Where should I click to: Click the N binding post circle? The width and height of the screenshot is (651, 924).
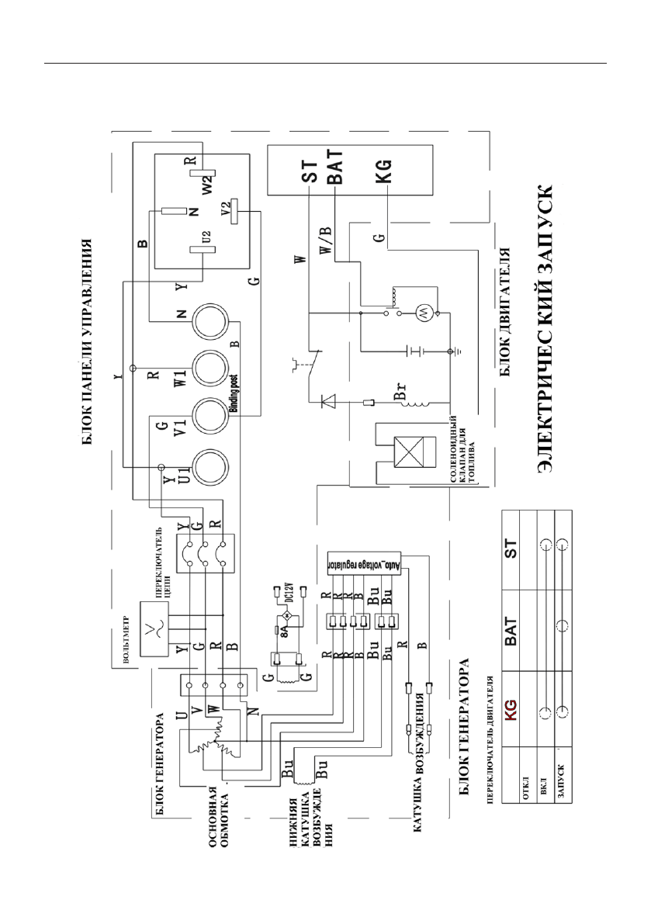tap(210, 320)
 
